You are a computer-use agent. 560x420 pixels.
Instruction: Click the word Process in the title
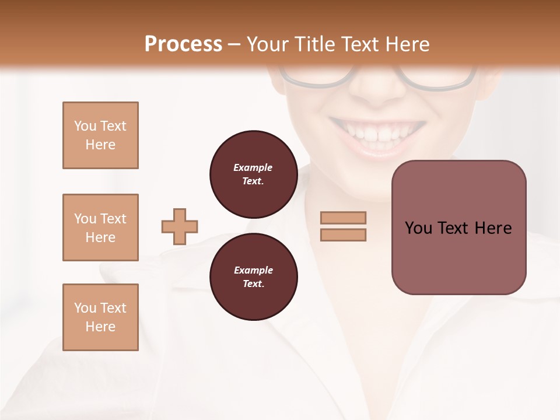[x=183, y=44]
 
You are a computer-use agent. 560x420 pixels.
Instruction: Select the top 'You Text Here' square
[x=100, y=135]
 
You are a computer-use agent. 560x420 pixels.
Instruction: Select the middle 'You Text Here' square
[x=100, y=228]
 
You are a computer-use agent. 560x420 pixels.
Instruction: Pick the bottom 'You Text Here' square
[x=100, y=317]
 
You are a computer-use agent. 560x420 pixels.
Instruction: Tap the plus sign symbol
[x=180, y=226]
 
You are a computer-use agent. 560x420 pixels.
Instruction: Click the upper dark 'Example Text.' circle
[x=253, y=174]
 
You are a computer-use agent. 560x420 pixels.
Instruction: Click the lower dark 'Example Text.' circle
[x=253, y=277]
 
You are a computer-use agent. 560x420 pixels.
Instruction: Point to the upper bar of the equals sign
[x=343, y=218]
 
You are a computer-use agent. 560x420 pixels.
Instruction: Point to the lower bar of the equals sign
[x=343, y=235]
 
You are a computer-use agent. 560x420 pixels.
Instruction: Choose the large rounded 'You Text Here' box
[x=459, y=228]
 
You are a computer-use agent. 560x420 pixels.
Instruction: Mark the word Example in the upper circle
[x=253, y=167]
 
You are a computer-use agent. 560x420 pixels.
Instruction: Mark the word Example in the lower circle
[x=253, y=270]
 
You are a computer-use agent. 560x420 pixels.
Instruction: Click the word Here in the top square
[x=100, y=145]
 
